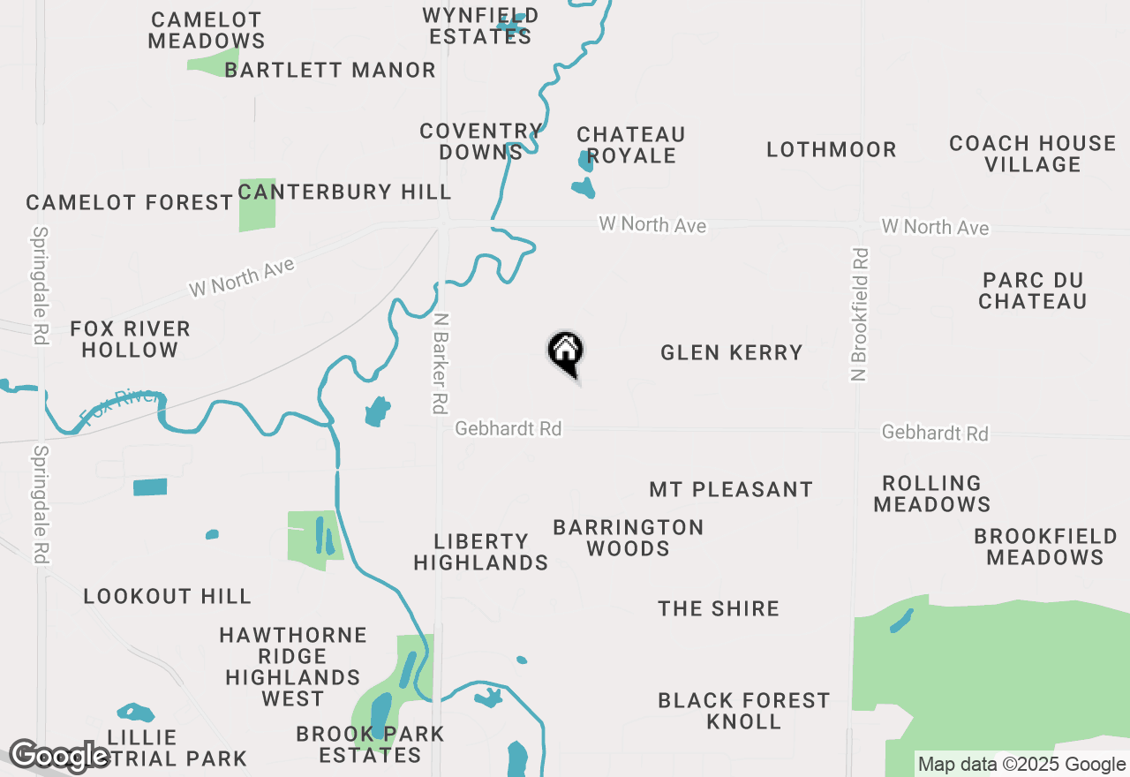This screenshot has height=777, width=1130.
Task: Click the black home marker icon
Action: (566, 351)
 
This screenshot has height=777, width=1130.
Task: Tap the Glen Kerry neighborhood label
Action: (732, 353)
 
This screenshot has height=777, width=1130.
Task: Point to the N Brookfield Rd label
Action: (860, 314)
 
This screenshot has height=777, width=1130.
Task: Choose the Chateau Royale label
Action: (630, 145)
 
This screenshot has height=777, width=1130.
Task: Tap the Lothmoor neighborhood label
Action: (831, 150)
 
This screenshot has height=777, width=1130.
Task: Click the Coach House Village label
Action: (1032, 154)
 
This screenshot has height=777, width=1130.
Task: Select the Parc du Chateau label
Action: (1032, 290)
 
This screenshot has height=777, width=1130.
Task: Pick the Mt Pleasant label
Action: (731, 490)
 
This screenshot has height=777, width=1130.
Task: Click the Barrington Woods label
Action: (629, 538)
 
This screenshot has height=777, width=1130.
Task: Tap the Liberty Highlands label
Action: (481, 552)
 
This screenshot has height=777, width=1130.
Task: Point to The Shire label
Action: (719, 608)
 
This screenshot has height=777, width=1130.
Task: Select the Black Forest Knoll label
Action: (744, 711)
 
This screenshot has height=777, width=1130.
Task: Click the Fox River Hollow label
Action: (131, 339)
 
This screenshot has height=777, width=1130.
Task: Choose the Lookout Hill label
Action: (168, 596)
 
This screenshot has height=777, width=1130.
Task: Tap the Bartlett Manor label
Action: (330, 71)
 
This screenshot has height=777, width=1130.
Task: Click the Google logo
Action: (60, 756)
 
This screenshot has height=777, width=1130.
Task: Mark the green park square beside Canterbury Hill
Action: (257, 206)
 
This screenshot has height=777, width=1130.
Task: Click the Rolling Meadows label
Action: (932, 494)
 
